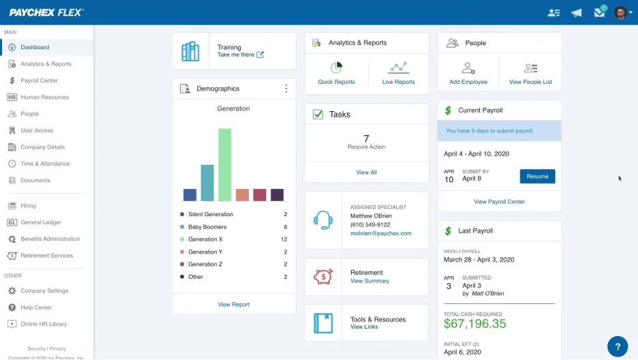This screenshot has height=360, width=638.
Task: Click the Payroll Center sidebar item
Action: [x=39, y=80]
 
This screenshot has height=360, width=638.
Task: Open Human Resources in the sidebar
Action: [x=44, y=97]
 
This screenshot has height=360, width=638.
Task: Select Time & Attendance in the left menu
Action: [x=44, y=164]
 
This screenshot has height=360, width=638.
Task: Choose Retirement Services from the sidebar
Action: [x=46, y=256]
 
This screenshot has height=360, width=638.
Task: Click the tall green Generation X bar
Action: [x=224, y=165]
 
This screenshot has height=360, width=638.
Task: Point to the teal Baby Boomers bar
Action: [x=207, y=183]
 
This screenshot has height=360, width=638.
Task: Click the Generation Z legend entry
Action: [x=204, y=265]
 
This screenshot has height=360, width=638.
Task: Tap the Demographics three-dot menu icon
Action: [x=286, y=89]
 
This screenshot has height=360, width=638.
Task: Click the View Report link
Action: [x=234, y=305]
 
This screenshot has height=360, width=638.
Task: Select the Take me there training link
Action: [x=236, y=55]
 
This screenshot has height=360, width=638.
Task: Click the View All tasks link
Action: [x=367, y=172]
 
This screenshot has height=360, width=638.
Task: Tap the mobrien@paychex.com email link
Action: [x=381, y=233]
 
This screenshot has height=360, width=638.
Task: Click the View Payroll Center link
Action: [x=500, y=202]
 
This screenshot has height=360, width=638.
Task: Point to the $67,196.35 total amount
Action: [x=475, y=324]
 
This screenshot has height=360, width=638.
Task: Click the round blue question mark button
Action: [x=618, y=346]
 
